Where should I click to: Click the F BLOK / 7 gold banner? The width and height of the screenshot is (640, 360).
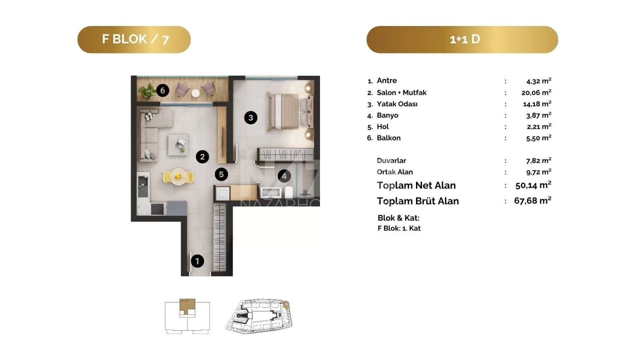134,40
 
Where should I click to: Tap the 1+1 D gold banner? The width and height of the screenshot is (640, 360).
462,40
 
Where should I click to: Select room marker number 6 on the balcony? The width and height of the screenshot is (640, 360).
162,90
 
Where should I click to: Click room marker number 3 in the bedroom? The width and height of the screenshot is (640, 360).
250,118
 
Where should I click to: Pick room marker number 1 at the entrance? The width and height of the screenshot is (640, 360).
197,261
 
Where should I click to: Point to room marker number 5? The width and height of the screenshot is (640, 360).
222,174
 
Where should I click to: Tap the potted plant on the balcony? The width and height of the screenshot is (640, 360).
147,90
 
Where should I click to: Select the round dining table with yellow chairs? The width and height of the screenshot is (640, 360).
178,176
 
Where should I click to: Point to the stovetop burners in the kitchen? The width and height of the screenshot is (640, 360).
158,209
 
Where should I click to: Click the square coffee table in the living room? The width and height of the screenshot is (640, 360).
178,145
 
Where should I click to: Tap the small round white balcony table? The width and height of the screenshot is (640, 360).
196,93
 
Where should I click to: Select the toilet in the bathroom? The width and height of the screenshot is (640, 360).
288,192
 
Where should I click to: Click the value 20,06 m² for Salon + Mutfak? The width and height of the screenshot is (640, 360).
536,92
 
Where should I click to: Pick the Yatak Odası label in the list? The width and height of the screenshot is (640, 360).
397,104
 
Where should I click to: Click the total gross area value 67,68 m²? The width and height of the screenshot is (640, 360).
532,200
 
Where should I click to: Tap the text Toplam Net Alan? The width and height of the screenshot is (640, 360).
416,186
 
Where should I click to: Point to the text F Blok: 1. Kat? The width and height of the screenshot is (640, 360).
399,228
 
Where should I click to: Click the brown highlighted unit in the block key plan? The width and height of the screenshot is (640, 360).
188,306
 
